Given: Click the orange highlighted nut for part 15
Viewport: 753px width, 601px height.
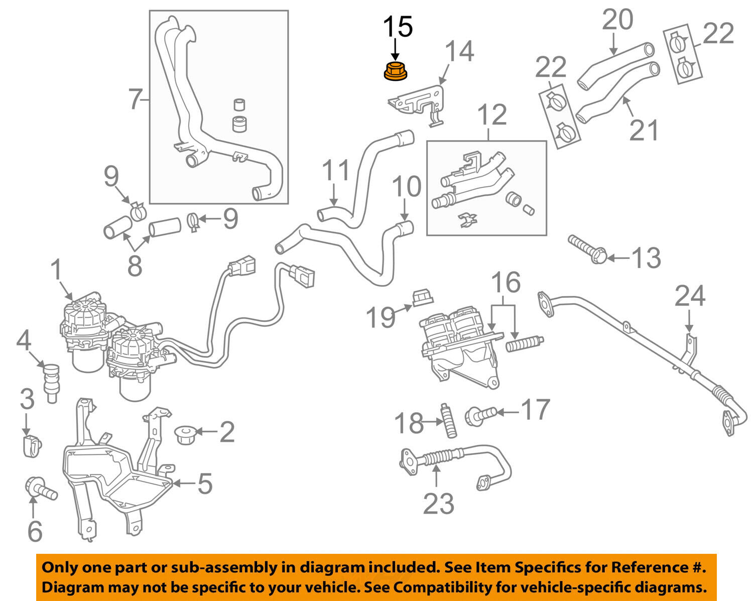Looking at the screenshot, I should click(x=395, y=71).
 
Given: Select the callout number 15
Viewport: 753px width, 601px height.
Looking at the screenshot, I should click(x=398, y=27).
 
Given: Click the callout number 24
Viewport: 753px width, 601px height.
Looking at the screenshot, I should click(x=690, y=296).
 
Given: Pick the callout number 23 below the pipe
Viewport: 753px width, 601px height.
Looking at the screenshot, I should click(x=438, y=504).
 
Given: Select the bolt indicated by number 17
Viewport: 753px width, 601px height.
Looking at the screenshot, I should click(x=480, y=415).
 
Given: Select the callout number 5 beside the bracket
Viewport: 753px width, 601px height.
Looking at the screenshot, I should click(x=204, y=484).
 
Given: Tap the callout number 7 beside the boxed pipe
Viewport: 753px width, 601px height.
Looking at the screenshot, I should click(x=135, y=99).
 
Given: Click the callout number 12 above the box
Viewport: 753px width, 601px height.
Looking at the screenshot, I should click(x=492, y=115).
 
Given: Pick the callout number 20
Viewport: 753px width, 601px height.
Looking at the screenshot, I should click(x=617, y=20).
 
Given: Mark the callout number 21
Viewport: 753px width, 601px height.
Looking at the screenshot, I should click(x=644, y=131).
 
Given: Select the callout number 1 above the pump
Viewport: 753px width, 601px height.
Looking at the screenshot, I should click(x=56, y=270).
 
